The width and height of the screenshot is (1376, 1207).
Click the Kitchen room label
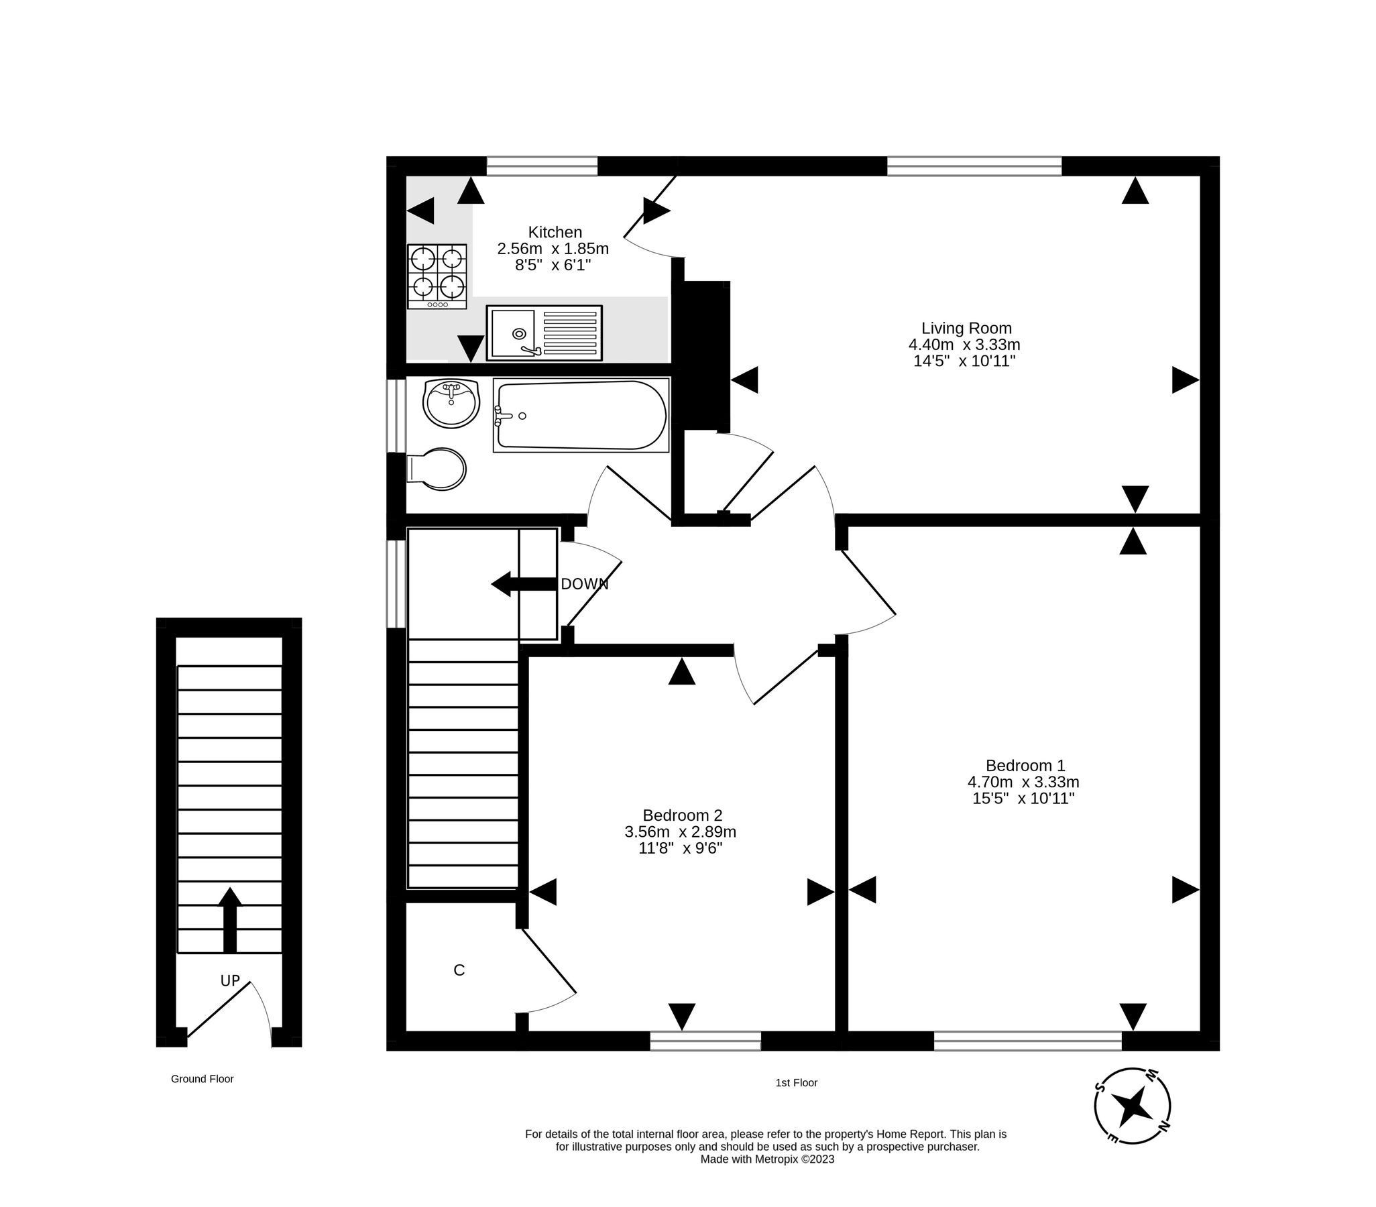554,232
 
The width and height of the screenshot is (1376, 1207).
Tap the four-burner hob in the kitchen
437,276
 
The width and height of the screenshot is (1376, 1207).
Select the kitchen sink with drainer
544,333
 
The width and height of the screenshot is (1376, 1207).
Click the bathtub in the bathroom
581,415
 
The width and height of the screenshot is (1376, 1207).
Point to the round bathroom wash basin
451,403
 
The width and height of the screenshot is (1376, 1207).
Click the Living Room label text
966,329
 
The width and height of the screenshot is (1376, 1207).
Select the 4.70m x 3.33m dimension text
1023,783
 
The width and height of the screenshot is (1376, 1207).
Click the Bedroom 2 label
682,816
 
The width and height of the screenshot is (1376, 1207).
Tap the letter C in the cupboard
459,970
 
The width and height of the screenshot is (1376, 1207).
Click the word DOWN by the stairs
584,584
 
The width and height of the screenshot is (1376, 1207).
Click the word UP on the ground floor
230,981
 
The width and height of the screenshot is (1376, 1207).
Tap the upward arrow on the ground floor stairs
230,919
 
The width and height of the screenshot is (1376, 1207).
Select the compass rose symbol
1133,1105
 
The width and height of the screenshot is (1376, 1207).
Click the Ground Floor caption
202,1079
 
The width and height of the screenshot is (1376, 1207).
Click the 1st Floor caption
797,1083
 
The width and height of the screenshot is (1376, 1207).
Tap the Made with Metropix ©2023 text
766,1159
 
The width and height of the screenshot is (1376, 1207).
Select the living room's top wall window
974,166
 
